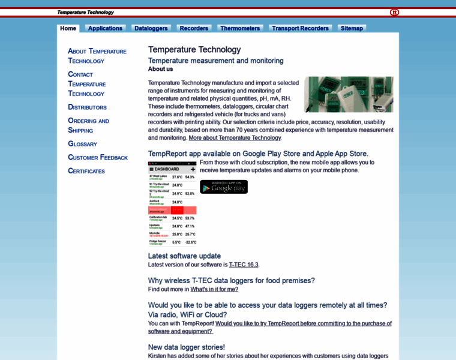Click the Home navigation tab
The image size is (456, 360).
(x=68, y=28)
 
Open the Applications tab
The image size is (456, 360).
(x=105, y=28)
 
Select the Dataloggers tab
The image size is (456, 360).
(x=151, y=28)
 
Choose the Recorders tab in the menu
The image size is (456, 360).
(x=194, y=28)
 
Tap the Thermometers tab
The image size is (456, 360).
(x=240, y=28)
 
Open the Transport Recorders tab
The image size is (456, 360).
(x=300, y=28)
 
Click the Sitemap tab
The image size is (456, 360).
(x=352, y=28)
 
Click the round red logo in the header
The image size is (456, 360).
(x=394, y=12)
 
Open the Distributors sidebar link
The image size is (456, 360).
(x=87, y=107)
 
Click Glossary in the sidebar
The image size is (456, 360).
(x=82, y=144)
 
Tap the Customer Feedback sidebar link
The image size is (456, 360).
(x=98, y=157)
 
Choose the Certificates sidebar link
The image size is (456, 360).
(x=86, y=171)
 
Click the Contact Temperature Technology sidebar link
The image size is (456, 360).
(x=86, y=84)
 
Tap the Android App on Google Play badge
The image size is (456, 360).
(x=223, y=187)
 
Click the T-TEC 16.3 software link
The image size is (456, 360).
(x=243, y=265)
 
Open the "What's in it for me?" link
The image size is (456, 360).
(x=214, y=289)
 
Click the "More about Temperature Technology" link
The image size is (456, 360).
(x=234, y=138)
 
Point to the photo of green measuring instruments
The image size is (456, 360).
(x=349, y=94)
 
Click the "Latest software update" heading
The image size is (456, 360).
(x=184, y=256)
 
